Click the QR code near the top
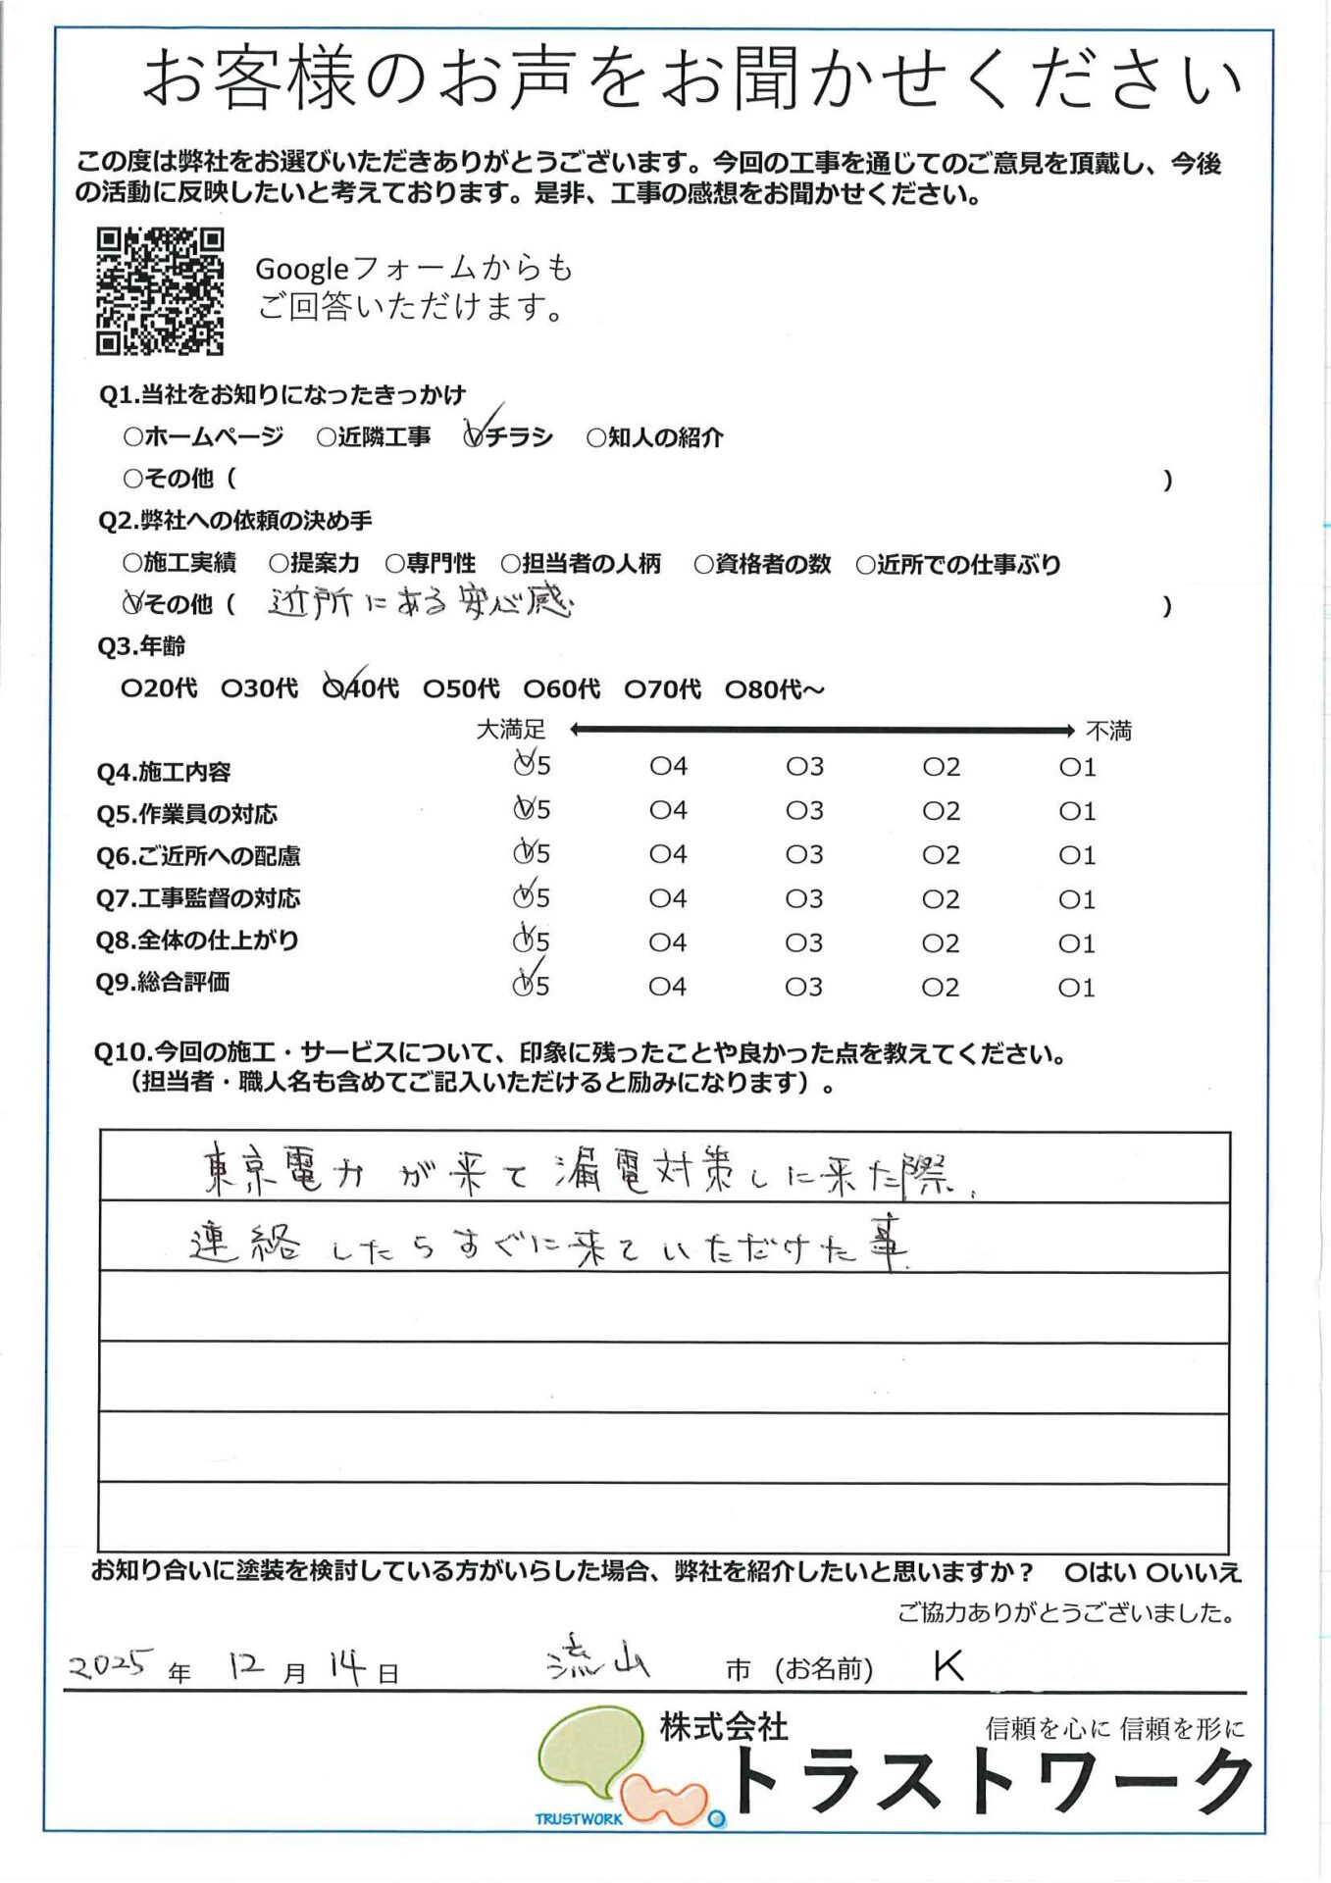click(160, 291)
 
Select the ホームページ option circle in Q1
click(132, 436)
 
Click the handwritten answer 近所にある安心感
click(420, 602)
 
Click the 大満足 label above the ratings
click(510, 730)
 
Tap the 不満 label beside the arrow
click(1108, 731)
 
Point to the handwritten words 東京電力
click(282, 1172)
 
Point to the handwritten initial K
click(948, 1665)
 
